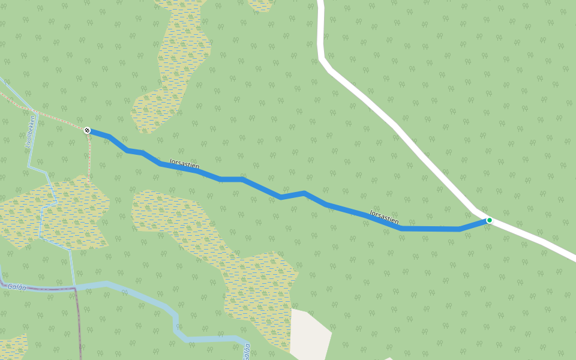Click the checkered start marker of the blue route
pos(87,130)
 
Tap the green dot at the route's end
pos(489,220)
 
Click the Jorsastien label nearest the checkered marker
pos(184,164)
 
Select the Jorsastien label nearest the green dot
pos(384,217)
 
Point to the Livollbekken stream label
pos(30,132)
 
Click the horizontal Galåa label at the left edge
pos(17,287)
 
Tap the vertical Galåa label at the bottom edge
pos(247,351)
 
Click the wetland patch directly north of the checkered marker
pos(174,66)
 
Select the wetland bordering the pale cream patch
pos(258,288)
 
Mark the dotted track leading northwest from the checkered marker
pos(48,114)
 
